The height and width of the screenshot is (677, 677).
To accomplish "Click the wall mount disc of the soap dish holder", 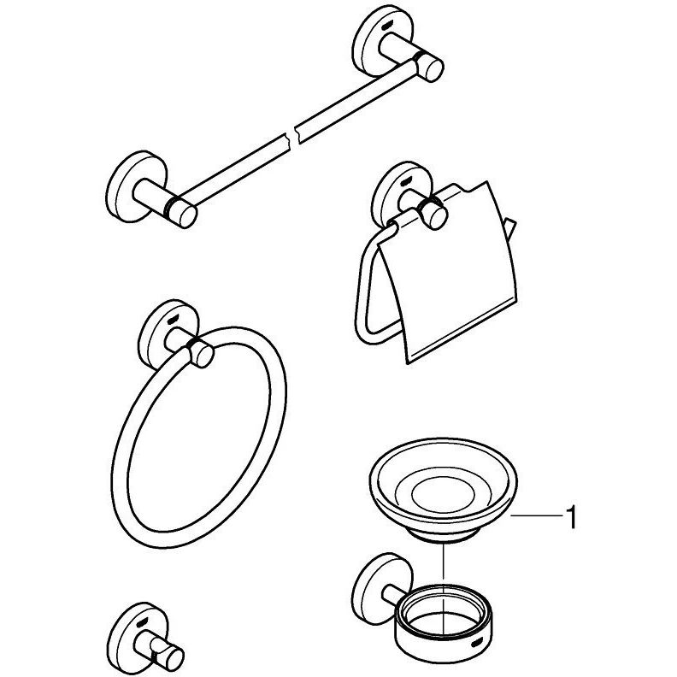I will click(373, 589).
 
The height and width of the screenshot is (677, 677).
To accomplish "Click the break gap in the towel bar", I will click(292, 135).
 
